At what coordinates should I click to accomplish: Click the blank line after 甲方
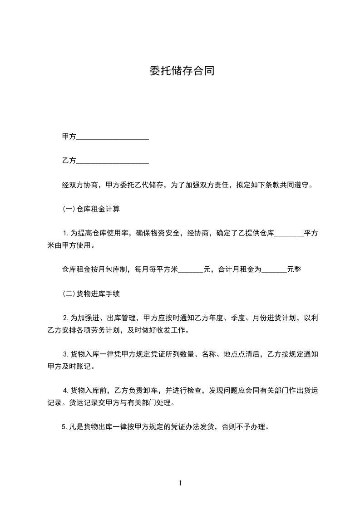[113, 137]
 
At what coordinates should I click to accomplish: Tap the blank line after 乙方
[113, 161]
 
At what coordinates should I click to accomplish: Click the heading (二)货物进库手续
[91, 294]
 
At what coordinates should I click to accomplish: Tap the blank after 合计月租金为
[275, 270]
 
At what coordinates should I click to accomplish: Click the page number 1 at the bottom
[180, 484]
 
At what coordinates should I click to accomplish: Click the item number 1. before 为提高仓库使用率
[66, 234]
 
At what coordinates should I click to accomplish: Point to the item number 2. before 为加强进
[66, 318]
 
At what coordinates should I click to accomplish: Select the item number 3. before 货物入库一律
[66, 354]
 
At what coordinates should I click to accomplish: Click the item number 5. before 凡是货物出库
[65, 426]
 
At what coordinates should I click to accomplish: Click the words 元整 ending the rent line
[294, 269]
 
